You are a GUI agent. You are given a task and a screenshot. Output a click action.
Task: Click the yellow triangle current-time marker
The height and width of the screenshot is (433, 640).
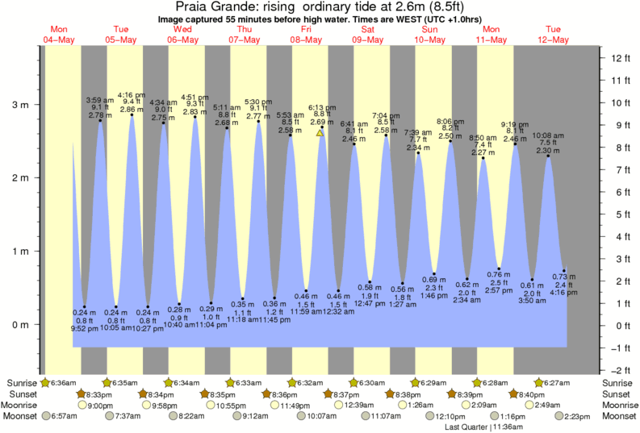click(x=320, y=133)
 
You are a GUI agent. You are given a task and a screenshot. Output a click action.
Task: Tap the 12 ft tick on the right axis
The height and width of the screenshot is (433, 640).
click(x=619, y=58)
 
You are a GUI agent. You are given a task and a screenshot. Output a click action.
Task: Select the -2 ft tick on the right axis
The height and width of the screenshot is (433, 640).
click(x=619, y=369)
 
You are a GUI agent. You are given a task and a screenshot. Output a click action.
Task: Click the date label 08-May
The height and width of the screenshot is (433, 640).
click(x=306, y=40)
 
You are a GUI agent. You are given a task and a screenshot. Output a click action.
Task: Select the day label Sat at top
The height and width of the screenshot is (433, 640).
click(x=368, y=30)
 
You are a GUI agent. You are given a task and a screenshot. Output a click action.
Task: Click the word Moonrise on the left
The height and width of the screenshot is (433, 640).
click(x=23, y=405)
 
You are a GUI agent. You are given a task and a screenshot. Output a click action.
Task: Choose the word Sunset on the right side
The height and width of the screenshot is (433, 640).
click(x=617, y=393)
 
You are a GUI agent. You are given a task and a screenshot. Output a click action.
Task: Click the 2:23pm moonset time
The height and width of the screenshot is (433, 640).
click(x=579, y=416)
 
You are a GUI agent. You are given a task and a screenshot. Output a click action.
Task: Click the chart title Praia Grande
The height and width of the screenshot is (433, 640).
click(x=211, y=6)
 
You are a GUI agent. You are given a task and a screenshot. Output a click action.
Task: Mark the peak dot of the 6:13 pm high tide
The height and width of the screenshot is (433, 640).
click(x=322, y=127)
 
